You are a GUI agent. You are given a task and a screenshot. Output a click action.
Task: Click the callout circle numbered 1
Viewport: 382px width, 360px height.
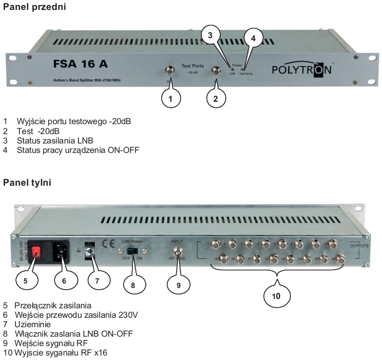click(170, 98)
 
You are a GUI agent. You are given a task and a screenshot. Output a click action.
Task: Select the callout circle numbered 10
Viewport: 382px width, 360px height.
click(276, 296)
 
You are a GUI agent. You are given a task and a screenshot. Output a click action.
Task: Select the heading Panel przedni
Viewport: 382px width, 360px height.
click(35, 7)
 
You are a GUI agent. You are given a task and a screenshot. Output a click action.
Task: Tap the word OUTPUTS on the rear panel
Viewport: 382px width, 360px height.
click(359, 246)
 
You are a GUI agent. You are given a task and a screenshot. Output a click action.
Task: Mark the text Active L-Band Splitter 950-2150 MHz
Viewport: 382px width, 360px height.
click(87, 80)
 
